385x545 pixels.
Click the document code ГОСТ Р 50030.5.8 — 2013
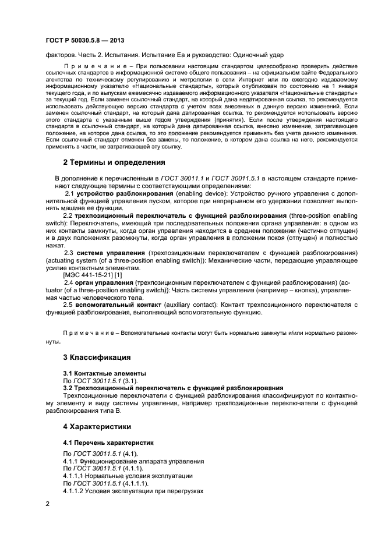pyautogui.click(x=85, y=39)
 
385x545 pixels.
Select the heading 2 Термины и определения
pyautogui.click(x=114, y=162)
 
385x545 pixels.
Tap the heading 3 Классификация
pyautogui.click(x=97, y=357)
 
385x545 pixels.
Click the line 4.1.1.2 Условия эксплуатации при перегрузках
pyautogui.click(x=132, y=491)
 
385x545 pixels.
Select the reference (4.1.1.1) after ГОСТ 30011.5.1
pyautogui.click(x=135, y=483)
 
